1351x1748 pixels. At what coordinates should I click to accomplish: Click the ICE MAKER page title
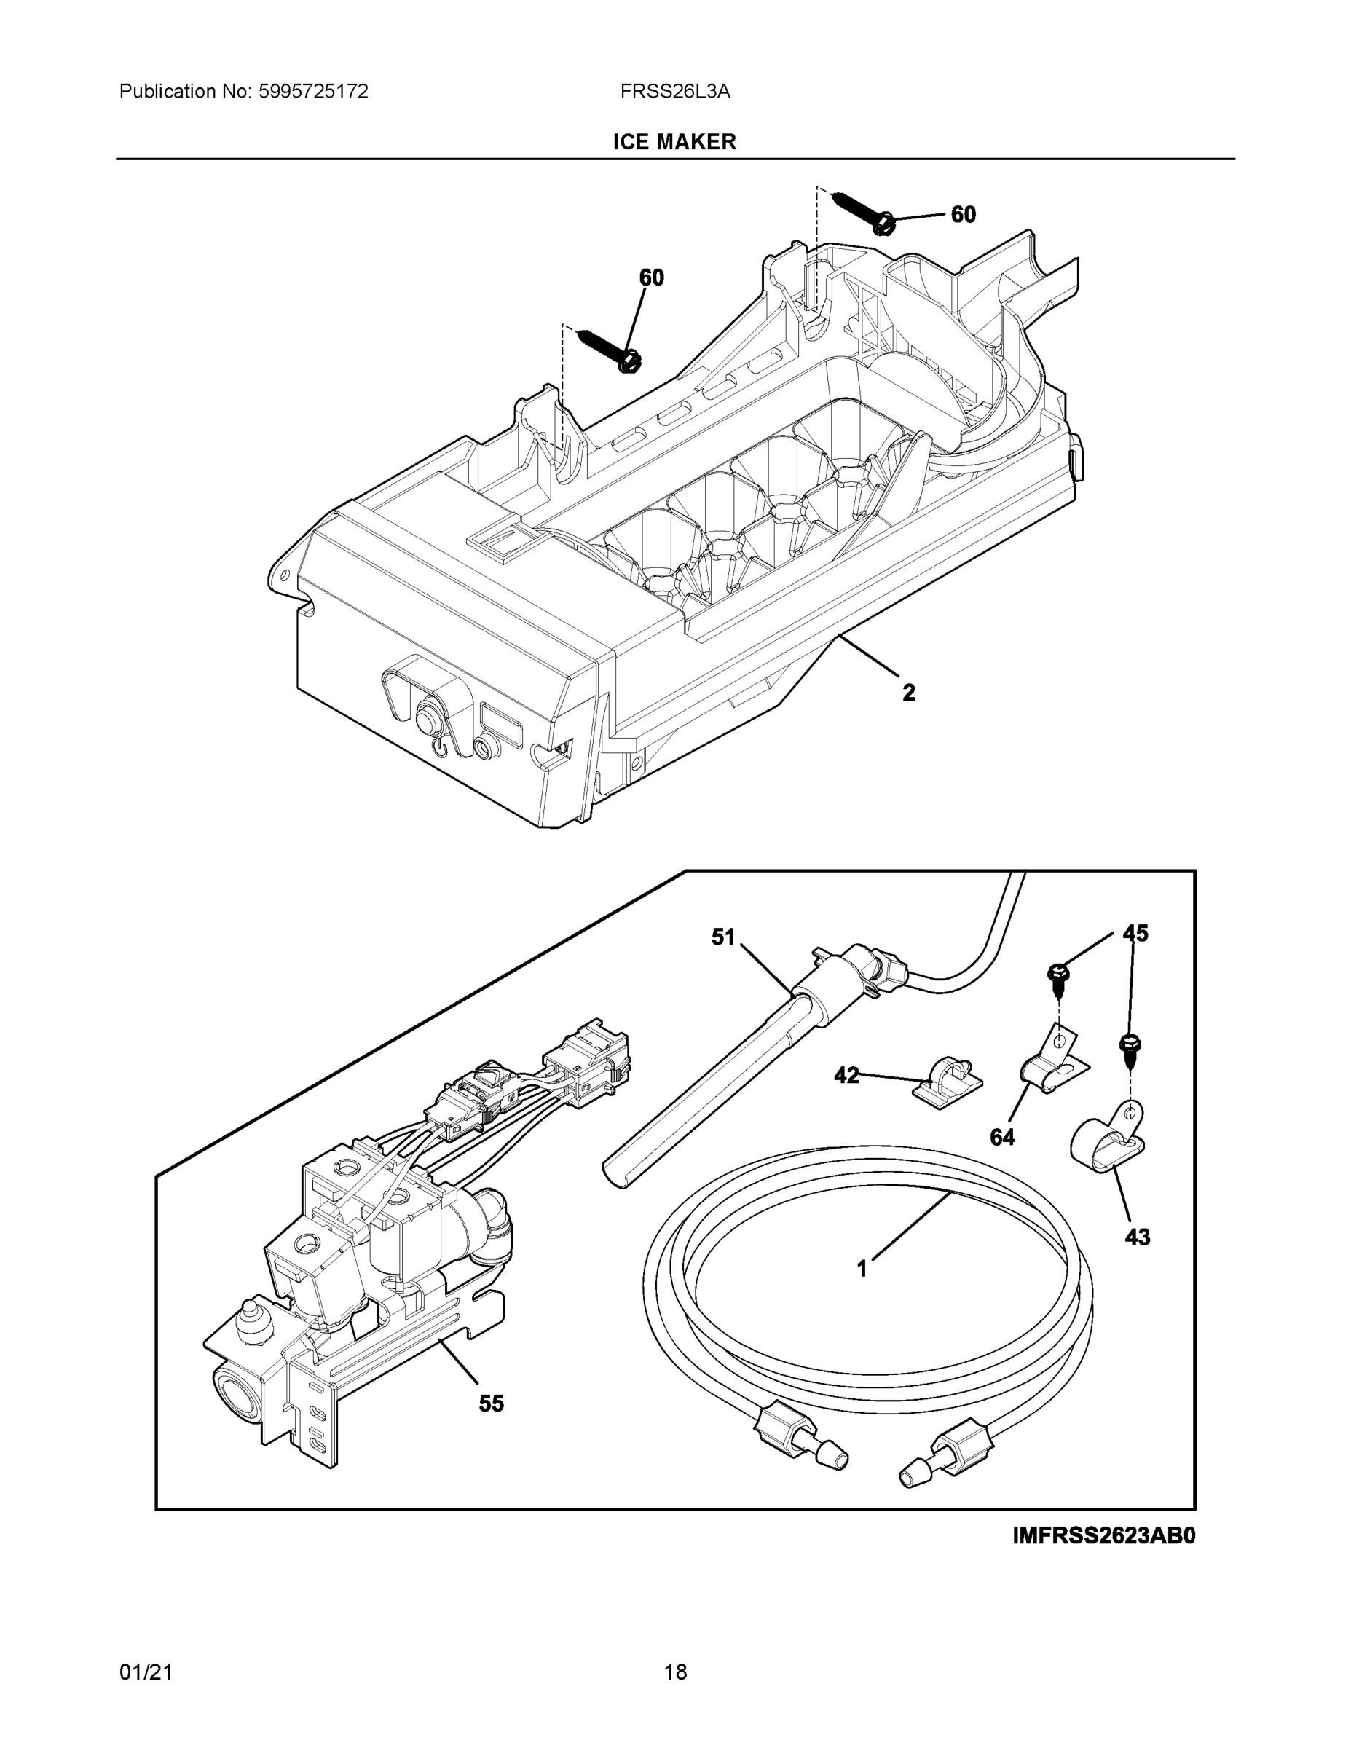tap(674, 142)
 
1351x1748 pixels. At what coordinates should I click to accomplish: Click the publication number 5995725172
tap(313, 91)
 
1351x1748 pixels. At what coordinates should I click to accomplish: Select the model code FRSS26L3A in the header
tap(674, 91)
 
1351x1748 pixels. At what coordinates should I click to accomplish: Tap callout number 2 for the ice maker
tap(908, 693)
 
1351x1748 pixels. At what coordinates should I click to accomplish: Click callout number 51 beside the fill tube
tap(723, 937)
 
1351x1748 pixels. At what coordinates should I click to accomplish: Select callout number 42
tap(846, 1075)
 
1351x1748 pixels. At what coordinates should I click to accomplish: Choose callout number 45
tap(1135, 933)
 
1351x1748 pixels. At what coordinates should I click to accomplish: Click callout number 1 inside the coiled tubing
tap(862, 1268)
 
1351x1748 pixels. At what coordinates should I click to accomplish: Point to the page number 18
tap(674, 1672)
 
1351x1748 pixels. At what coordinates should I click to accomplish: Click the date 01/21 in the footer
tap(146, 1672)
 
